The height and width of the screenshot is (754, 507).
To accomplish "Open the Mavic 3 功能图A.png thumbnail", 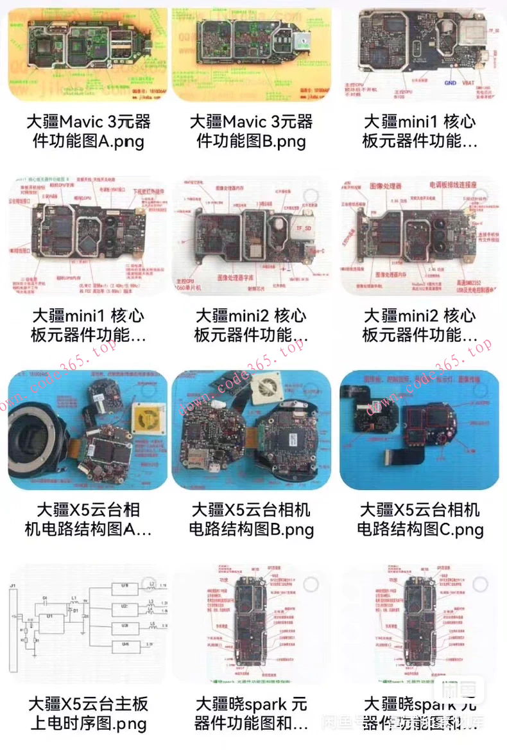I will [x=87, y=55].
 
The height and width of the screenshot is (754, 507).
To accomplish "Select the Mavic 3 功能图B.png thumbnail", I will [x=252, y=55].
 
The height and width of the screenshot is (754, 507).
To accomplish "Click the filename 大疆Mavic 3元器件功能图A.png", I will [x=88, y=131].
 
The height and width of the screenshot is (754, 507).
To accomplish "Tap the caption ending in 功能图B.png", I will [x=252, y=131].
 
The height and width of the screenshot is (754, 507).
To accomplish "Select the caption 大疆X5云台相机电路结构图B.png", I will [x=252, y=520].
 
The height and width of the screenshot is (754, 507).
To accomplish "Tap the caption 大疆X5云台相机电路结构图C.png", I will [x=420, y=520].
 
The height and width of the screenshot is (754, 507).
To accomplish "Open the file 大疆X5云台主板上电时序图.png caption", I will [x=88, y=714].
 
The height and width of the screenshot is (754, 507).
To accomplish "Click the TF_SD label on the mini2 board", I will [x=298, y=226].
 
